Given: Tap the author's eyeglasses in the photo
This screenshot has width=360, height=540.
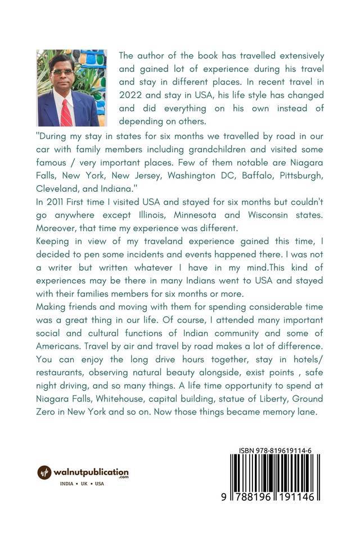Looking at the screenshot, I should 62,72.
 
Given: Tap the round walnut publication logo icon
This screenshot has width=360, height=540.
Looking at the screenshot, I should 44,472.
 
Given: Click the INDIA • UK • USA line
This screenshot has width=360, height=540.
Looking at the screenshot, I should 82,484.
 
